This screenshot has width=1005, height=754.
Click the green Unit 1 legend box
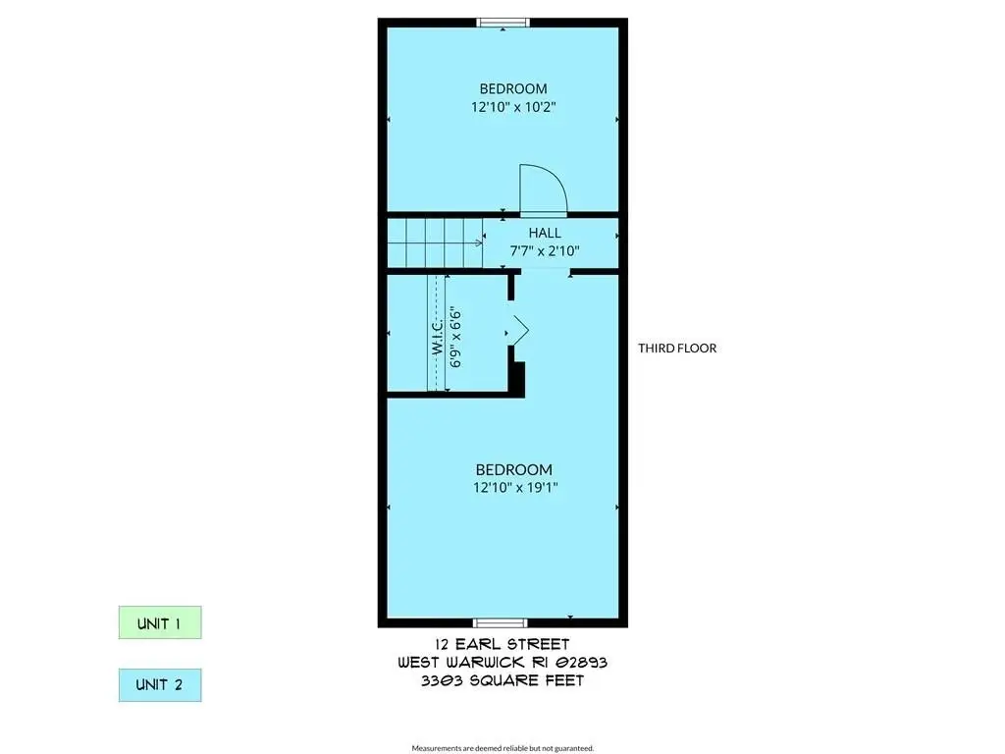click(160, 622)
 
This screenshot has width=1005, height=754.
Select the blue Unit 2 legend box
click(160, 684)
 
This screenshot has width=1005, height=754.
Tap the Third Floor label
click(677, 349)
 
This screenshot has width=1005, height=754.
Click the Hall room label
click(545, 233)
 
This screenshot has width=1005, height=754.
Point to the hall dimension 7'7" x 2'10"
click(545, 250)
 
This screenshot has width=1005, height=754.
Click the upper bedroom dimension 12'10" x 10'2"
click(513, 107)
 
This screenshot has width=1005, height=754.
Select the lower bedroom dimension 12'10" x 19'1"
click(515, 487)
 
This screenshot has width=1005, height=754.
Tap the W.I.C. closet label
click(438, 337)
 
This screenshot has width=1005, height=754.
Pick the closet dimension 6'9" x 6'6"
click(455, 338)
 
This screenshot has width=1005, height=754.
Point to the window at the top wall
click(503, 24)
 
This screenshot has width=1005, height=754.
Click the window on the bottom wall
click(500, 622)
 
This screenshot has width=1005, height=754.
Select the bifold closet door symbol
click(518, 331)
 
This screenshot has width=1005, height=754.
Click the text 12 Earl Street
click(502, 644)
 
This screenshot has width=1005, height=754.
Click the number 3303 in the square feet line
click(442, 680)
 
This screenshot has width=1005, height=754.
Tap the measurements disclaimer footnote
click(502, 748)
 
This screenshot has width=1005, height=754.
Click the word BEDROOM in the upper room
click(513, 88)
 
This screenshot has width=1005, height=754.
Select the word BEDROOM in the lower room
click(514, 470)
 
